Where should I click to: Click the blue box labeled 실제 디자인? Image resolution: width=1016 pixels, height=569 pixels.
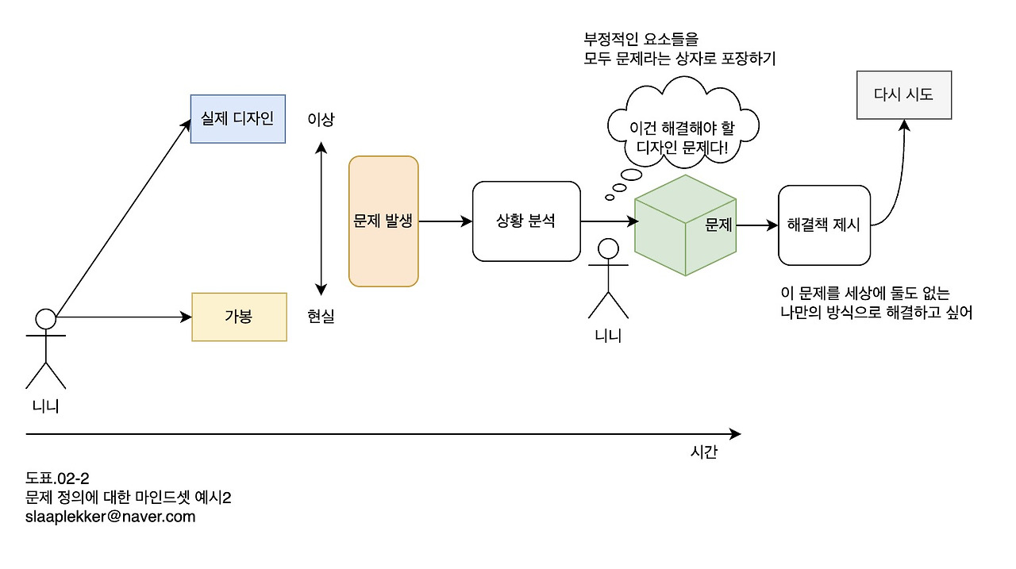coord(237,119)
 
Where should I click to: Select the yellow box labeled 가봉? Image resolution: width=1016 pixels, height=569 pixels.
coord(239,317)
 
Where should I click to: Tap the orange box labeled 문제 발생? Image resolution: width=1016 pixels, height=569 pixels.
coord(383,221)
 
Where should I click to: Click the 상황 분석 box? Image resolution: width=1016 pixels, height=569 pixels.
coord(526,221)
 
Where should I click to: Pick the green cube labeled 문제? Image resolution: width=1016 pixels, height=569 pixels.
coord(685,225)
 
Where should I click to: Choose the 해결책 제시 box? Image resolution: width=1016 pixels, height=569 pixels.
coord(824,225)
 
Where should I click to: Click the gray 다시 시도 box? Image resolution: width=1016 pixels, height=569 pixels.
coord(904,94)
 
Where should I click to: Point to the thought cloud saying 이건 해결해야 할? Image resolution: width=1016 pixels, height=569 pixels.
coord(683,122)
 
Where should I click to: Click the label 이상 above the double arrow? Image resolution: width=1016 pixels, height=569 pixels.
coord(321,119)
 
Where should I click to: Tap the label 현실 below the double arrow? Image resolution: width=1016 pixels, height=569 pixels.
coord(321,316)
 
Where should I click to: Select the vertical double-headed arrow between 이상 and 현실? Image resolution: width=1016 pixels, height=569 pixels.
coord(321,218)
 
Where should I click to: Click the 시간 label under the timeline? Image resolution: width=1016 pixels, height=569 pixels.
coord(704,452)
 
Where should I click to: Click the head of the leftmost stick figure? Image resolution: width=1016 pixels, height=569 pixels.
coord(46,319)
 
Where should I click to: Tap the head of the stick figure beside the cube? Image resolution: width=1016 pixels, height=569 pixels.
coord(608,248)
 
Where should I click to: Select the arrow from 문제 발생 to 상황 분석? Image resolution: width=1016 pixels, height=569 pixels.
coord(445,221)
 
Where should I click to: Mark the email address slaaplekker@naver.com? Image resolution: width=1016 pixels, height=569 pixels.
coord(110,517)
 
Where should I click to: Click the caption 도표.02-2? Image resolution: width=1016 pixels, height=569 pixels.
coord(57,478)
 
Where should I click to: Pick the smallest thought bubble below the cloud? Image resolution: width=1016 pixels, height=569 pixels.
coord(610,198)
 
